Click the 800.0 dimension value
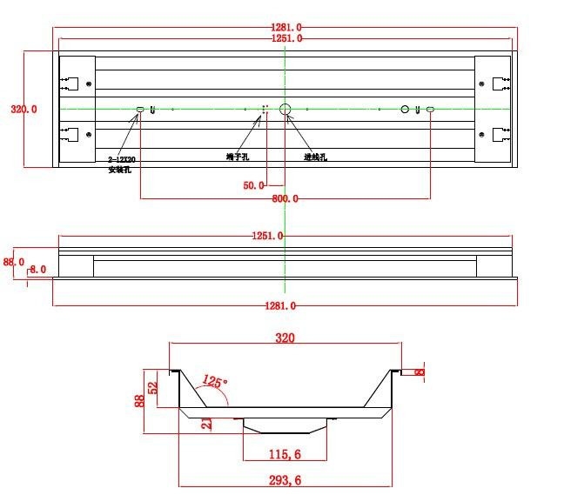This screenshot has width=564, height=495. click(x=285, y=199)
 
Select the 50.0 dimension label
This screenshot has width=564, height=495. click(x=253, y=185)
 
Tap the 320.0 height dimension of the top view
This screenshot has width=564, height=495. click(x=23, y=110)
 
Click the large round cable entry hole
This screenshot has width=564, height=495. click(x=285, y=110)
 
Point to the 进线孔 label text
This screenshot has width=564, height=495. click(x=315, y=157)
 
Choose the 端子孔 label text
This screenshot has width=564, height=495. click(x=238, y=157)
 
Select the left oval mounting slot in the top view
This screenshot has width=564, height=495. click(x=140, y=110)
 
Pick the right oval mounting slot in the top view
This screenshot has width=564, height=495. click(x=429, y=110)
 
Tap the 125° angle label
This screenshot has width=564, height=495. click(x=214, y=381)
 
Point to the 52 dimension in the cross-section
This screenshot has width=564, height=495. click(x=154, y=386)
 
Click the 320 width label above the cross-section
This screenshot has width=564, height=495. click(x=285, y=338)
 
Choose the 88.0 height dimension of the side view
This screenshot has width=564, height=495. click(x=13, y=261)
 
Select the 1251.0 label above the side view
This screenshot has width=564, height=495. click(x=285, y=236)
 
